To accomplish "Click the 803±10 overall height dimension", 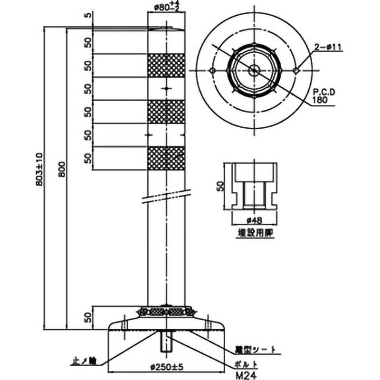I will click(x=41, y=169).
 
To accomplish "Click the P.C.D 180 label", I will click(x=324, y=97).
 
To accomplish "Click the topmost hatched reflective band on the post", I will click(x=166, y=66).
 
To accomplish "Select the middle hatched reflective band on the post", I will click(x=166, y=112).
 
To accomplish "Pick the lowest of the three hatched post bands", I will click(x=166, y=158).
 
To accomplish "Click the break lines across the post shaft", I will click(x=166, y=197).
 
